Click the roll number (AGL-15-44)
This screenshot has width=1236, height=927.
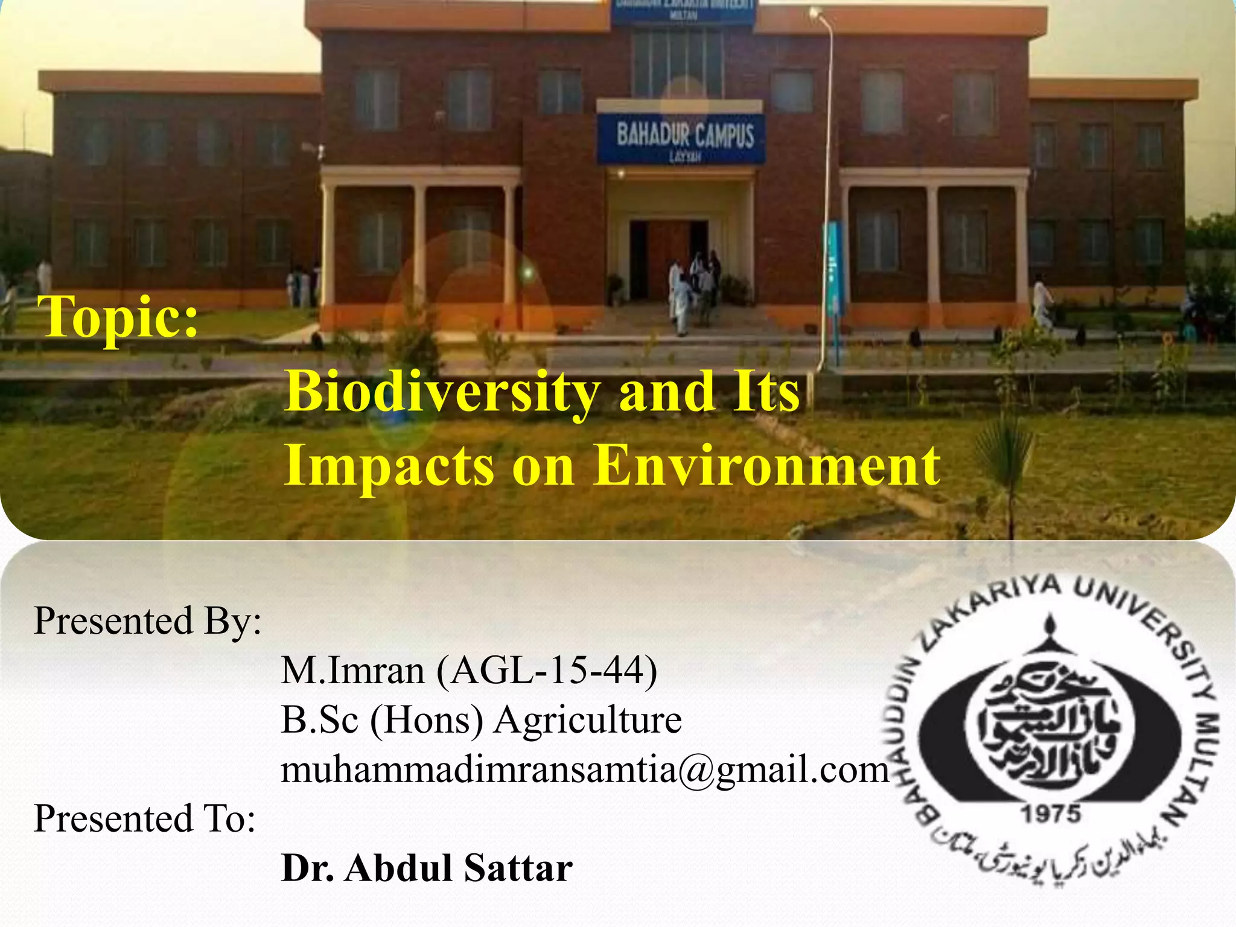pyautogui.click(x=547, y=671)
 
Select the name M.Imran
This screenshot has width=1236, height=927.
pyautogui.click(x=353, y=671)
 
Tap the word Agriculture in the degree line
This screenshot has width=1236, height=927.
pyautogui.click(x=588, y=720)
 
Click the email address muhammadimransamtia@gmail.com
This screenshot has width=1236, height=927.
pyautogui.click(x=585, y=770)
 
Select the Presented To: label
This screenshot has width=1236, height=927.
pyautogui.click(x=145, y=819)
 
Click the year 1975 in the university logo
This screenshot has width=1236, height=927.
pyautogui.click(x=1050, y=815)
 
